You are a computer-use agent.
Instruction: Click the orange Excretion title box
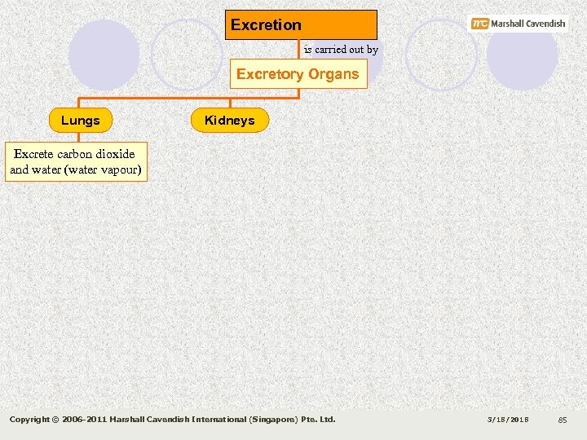click(x=301, y=24)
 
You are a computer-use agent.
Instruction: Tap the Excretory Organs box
click(x=298, y=74)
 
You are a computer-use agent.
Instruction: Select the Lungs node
click(x=81, y=121)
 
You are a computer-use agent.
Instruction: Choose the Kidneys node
click(x=229, y=121)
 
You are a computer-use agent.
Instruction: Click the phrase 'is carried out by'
click(x=341, y=50)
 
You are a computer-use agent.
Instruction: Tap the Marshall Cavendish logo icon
click(x=479, y=24)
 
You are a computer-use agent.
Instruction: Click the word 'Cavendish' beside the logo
click(x=541, y=24)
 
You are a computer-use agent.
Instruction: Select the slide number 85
click(x=562, y=420)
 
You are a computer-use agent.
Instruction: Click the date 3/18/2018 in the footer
click(x=509, y=420)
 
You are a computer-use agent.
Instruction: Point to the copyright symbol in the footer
click(x=55, y=420)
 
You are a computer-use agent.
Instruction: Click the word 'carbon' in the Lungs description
click(x=73, y=154)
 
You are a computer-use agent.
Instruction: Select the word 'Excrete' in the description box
click(x=33, y=154)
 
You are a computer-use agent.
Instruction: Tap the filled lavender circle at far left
click(x=104, y=55)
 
